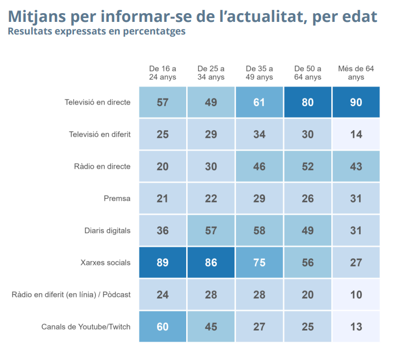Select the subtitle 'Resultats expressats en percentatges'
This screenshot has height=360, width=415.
click(x=96, y=31)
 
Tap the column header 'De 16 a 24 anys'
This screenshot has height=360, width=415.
click(x=163, y=73)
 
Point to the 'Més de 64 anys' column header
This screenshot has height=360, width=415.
click(x=356, y=73)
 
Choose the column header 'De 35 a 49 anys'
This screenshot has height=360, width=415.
click(x=260, y=73)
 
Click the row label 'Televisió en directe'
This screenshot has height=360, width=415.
click(x=97, y=102)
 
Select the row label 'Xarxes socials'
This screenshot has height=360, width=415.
click(x=105, y=263)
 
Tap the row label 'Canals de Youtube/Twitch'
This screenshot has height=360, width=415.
click(x=86, y=327)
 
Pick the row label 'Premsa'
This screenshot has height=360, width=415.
click(x=117, y=199)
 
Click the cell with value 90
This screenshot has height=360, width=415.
click(x=356, y=102)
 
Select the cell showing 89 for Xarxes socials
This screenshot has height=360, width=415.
click(x=163, y=263)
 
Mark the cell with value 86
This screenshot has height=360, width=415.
click(x=211, y=263)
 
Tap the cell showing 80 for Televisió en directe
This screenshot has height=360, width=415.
click(x=308, y=102)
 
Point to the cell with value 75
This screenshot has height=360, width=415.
click(x=260, y=263)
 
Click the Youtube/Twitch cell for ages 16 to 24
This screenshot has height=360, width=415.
click(x=163, y=327)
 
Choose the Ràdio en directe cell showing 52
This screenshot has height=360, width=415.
click(x=308, y=166)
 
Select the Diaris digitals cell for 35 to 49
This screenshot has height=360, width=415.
click(x=260, y=230)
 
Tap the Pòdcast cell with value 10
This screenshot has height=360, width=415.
click(x=356, y=295)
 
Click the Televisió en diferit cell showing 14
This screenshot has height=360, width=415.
click(x=356, y=134)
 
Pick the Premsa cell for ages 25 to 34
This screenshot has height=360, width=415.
click(x=211, y=199)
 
